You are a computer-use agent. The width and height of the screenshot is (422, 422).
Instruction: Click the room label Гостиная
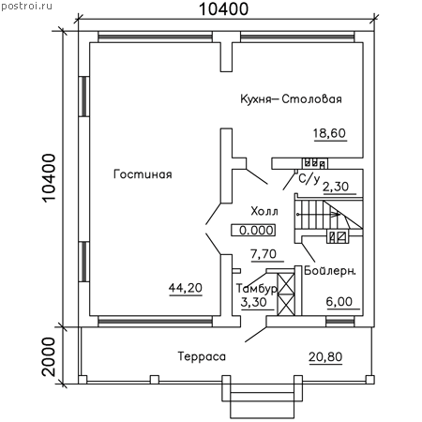(x=143, y=174)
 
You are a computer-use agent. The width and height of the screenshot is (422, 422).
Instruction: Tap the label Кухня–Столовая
(x=291, y=98)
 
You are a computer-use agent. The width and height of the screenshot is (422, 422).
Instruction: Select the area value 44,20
(x=186, y=288)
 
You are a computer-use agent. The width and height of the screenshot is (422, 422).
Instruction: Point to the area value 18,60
(x=329, y=133)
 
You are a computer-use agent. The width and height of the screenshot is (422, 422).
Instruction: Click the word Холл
(x=264, y=212)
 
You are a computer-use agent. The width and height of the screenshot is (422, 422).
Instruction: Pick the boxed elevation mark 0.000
(x=253, y=230)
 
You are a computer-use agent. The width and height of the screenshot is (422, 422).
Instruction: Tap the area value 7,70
(x=264, y=254)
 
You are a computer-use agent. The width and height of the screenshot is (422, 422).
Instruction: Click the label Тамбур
(x=256, y=289)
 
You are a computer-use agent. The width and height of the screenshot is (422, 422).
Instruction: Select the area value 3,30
(x=254, y=302)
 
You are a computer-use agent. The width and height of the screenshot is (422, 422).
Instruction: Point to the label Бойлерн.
(x=330, y=270)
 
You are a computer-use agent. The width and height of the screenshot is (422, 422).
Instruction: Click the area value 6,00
(x=339, y=302)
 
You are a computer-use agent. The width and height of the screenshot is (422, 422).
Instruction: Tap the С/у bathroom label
(x=309, y=179)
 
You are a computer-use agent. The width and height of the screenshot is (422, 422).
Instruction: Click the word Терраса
(x=202, y=356)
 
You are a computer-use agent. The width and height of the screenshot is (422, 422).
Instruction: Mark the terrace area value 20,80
(x=325, y=356)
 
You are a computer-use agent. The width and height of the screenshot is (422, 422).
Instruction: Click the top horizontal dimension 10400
(x=224, y=8)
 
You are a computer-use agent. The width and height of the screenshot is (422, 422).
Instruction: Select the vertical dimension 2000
(x=49, y=356)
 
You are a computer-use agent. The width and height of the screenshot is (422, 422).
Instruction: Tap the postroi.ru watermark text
(x=26, y=6)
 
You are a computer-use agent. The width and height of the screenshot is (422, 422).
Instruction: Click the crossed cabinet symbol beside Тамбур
(x=286, y=294)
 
